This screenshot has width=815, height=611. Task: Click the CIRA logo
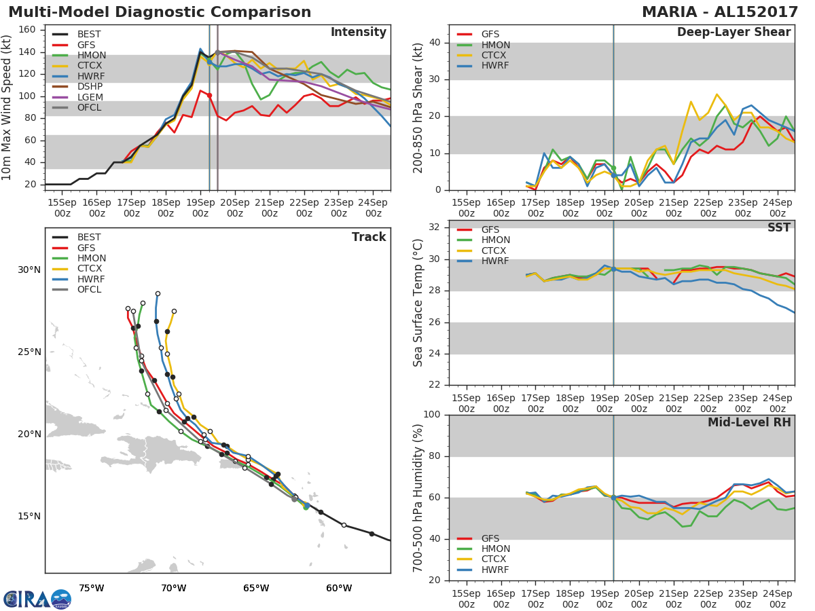[37, 599]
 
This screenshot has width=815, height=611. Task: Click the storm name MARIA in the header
[670, 12]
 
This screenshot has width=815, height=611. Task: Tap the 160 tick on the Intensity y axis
[27, 30]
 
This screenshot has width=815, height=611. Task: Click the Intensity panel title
[359, 32]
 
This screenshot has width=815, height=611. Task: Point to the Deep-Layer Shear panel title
[733, 32]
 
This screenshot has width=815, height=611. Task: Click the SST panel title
[778, 227]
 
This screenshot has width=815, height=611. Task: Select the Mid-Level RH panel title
[749, 422]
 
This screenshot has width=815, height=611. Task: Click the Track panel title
[369, 237]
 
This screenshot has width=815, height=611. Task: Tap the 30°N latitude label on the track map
[29, 270]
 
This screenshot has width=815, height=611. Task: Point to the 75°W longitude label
[92, 588]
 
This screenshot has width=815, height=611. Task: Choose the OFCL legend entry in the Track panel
[77, 289]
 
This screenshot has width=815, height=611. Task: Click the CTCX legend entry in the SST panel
[482, 251]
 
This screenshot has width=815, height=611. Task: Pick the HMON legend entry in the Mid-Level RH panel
[484, 549]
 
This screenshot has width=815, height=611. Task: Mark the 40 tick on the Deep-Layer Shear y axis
[435, 42]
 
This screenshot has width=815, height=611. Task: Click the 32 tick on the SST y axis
[435, 227]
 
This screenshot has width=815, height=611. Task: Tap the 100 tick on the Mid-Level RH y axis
[432, 414]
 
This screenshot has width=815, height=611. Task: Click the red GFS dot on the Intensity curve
[209, 95]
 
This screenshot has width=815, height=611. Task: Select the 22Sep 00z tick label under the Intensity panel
[304, 208]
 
